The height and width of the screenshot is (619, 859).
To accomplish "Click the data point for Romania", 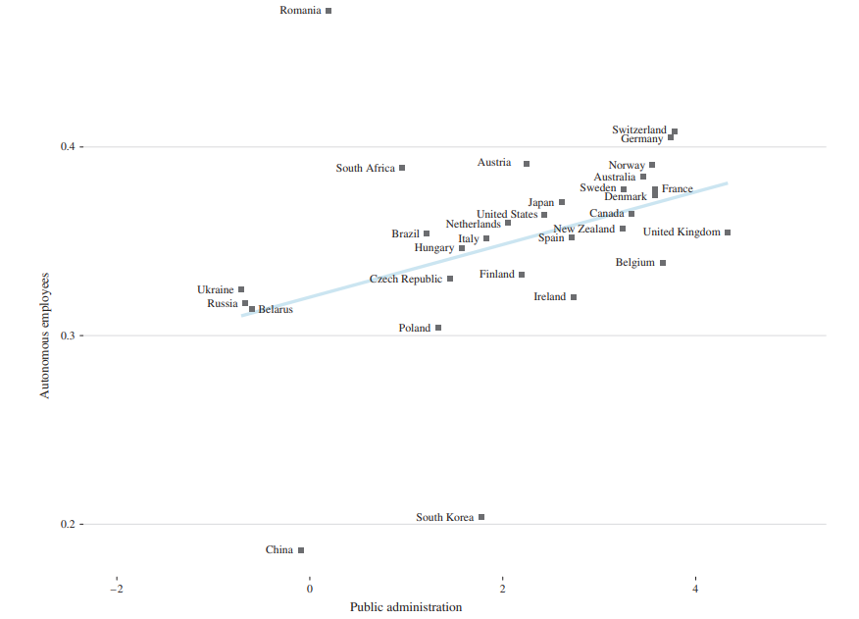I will [x=328, y=11].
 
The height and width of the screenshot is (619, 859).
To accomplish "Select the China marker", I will [x=301, y=550].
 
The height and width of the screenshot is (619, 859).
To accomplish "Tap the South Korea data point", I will [x=481, y=517].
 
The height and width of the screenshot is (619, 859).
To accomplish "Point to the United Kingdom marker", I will [x=728, y=232].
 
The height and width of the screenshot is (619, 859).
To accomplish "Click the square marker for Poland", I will [x=438, y=328].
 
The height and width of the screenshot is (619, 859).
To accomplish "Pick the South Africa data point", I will [x=402, y=168].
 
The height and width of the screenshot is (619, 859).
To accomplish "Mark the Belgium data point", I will [x=663, y=263].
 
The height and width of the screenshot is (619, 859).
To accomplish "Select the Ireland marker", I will [x=574, y=296].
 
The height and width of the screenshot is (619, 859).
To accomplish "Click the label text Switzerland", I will [x=638, y=129].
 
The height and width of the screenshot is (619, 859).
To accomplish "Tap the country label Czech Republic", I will [x=405, y=280].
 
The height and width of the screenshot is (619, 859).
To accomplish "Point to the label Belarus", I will [x=276, y=310].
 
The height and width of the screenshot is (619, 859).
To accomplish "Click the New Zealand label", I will [x=583, y=230].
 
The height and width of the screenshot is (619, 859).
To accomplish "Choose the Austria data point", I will [x=527, y=164].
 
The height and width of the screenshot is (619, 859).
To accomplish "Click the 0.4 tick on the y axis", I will [x=68, y=147].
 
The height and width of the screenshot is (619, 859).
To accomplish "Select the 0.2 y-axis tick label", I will [x=68, y=525].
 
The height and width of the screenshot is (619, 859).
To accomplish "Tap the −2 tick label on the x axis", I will [x=116, y=588].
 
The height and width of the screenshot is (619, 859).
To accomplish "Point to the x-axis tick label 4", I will [x=695, y=588].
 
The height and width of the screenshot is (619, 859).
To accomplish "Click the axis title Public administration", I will [x=405, y=607].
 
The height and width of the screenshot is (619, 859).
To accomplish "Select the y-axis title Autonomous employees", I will [x=44, y=335].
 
